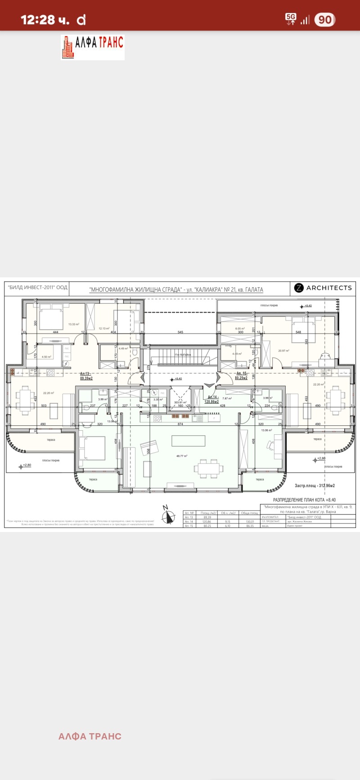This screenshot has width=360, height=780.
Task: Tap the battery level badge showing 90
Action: pyautogui.click(x=324, y=20)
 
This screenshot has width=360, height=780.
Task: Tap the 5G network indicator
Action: pyautogui.click(x=291, y=19)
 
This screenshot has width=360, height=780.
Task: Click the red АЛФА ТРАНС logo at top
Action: pyautogui.click(x=93, y=47)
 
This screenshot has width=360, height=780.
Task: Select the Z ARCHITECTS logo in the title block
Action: pyautogui.click(x=323, y=288)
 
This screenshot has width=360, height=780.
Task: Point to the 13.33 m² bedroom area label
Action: pyautogui.click(x=74, y=324)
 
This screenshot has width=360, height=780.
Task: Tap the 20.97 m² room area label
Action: pyautogui.click(x=283, y=351)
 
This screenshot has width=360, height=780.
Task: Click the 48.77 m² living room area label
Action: pyautogui.click(x=182, y=456)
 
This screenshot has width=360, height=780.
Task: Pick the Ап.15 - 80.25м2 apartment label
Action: pyautogui.click(x=241, y=376)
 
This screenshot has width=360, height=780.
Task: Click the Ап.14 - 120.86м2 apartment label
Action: pyautogui.click(x=213, y=399)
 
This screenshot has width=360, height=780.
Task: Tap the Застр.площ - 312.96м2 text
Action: pyautogui.click(x=315, y=486)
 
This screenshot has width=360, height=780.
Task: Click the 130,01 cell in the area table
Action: pyautogui.click(x=250, y=521)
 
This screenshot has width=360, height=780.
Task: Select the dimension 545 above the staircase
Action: pyautogui.click(x=180, y=332)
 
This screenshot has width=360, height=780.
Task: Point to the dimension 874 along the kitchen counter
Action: pyautogui.click(x=180, y=424)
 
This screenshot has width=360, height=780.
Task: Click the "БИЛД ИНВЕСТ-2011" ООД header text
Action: pyautogui.click(x=38, y=288)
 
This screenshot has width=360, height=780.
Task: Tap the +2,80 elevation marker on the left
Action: pyautogui.click(x=26, y=465)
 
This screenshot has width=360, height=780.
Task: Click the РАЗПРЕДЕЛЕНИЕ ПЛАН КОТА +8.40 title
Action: pyautogui.click(x=304, y=500)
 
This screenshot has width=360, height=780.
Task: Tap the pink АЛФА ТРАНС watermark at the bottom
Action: pyautogui.click(x=90, y=736)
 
